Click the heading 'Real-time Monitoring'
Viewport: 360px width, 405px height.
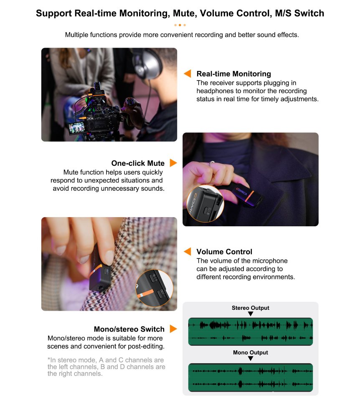click(x=233, y=74)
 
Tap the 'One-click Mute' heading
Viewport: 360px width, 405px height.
click(x=138, y=163)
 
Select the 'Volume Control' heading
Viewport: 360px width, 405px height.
click(x=224, y=252)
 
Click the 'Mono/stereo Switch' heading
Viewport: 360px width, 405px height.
click(x=129, y=329)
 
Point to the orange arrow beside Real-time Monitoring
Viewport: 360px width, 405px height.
click(x=188, y=73)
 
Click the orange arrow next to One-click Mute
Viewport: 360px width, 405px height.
click(x=173, y=163)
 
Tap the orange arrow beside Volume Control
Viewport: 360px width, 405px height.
click(x=188, y=251)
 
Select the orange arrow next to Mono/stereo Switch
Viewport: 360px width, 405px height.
click(x=173, y=329)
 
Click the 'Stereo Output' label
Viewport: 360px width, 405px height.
click(x=251, y=308)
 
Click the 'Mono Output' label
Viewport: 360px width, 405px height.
click(x=251, y=352)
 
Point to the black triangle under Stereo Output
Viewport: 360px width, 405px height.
click(x=251, y=314)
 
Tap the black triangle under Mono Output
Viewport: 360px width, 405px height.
click(x=251, y=359)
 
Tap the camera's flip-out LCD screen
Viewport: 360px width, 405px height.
click(x=77, y=128)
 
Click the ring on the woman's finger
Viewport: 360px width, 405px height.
click(x=212, y=164)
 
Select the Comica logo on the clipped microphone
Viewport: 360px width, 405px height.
click(x=241, y=192)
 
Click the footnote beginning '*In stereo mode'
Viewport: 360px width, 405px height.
click(x=106, y=367)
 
